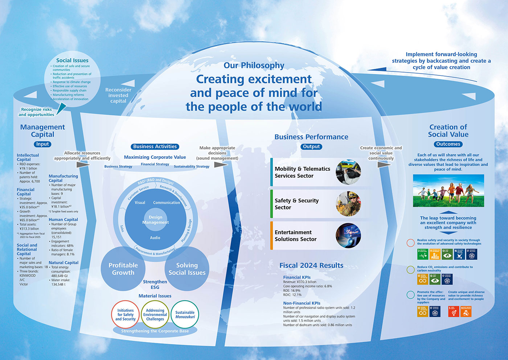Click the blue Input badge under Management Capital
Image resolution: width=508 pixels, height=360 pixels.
[x=42, y=144]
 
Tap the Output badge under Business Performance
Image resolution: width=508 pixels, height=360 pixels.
[x=311, y=146]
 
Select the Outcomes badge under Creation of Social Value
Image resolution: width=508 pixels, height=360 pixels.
[x=448, y=144]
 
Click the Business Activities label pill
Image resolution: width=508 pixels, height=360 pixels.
[x=155, y=146]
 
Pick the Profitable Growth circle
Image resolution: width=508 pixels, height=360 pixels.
[x=123, y=269]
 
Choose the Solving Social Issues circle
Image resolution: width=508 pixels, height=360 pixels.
[x=187, y=269]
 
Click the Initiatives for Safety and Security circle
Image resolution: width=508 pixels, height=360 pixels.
[x=126, y=315]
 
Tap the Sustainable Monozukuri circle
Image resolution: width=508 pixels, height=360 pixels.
[x=185, y=315]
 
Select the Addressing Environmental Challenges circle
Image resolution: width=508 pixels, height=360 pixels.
[x=155, y=315]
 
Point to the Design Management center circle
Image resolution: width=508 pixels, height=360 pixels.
[x=155, y=220]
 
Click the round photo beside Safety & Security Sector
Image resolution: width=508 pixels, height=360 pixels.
[x=348, y=204]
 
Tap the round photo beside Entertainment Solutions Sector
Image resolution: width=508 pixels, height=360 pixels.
[x=348, y=236]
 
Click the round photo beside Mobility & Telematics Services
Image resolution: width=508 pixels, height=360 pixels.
[x=348, y=172]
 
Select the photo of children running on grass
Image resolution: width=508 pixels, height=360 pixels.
[x=448, y=191]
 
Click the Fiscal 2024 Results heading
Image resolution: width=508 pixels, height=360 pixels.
[x=311, y=265]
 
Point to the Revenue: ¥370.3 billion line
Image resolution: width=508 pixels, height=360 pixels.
[x=300, y=282]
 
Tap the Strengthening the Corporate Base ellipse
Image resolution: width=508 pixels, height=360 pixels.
[x=155, y=331]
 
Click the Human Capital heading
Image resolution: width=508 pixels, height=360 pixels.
[x=63, y=219]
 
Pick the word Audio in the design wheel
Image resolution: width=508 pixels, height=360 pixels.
[x=155, y=238]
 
